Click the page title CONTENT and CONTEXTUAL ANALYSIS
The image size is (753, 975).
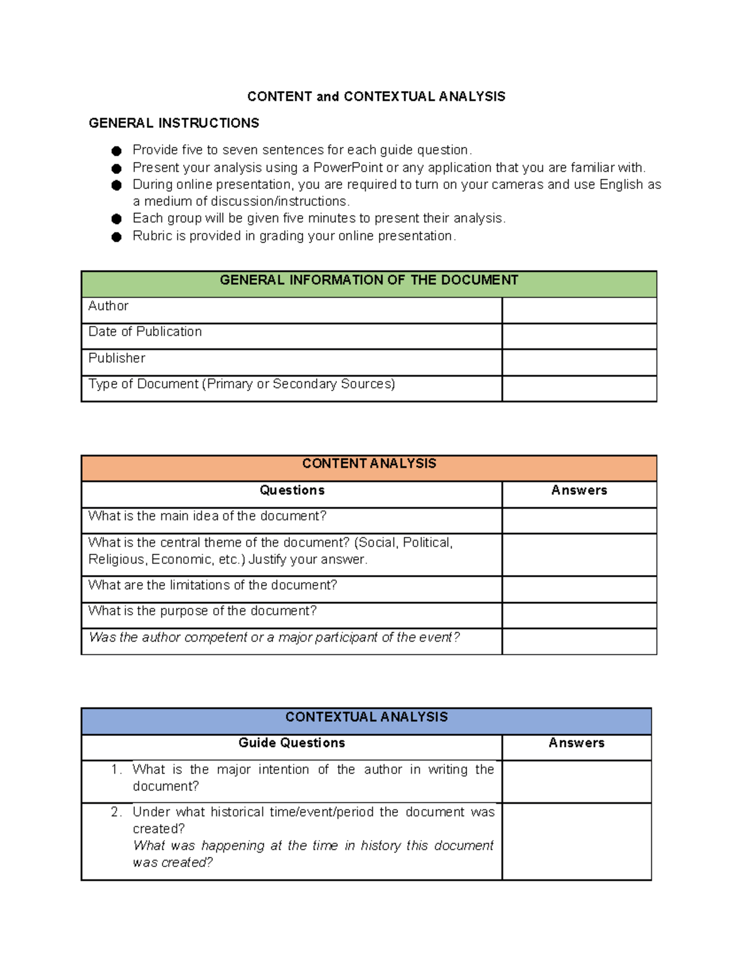(x=376, y=97)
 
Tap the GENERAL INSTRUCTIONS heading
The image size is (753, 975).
(x=174, y=123)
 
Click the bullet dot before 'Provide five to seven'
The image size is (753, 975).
(x=116, y=151)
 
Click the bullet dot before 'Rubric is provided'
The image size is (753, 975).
(x=116, y=237)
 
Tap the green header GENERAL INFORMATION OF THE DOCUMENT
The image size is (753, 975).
(x=368, y=281)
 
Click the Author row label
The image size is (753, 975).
(x=109, y=306)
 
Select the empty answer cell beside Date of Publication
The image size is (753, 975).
(x=579, y=337)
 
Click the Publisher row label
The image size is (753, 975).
(x=117, y=358)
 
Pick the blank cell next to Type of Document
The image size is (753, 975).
(x=579, y=389)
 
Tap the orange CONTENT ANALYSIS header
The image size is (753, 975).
(x=368, y=464)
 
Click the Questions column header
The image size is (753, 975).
(x=292, y=490)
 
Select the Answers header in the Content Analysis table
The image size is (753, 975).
(x=579, y=490)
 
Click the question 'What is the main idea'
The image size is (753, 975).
(x=207, y=516)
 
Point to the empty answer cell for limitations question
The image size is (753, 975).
(x=579, y=590)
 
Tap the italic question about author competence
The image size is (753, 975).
(x=274, y=638)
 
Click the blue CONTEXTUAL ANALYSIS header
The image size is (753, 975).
(x=366, y=718)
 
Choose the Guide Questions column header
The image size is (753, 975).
(x=292, y=743)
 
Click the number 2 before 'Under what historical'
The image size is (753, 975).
(x=115, y=812)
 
